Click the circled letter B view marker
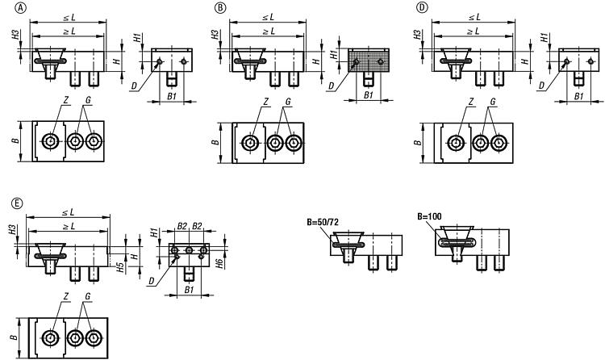coord(219,7)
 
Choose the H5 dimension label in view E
coord(119,266)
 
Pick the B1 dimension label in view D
coord(578,96)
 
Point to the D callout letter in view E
coord(151,280)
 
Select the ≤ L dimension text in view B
coord(268,16)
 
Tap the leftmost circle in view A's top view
coord(52,142)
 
